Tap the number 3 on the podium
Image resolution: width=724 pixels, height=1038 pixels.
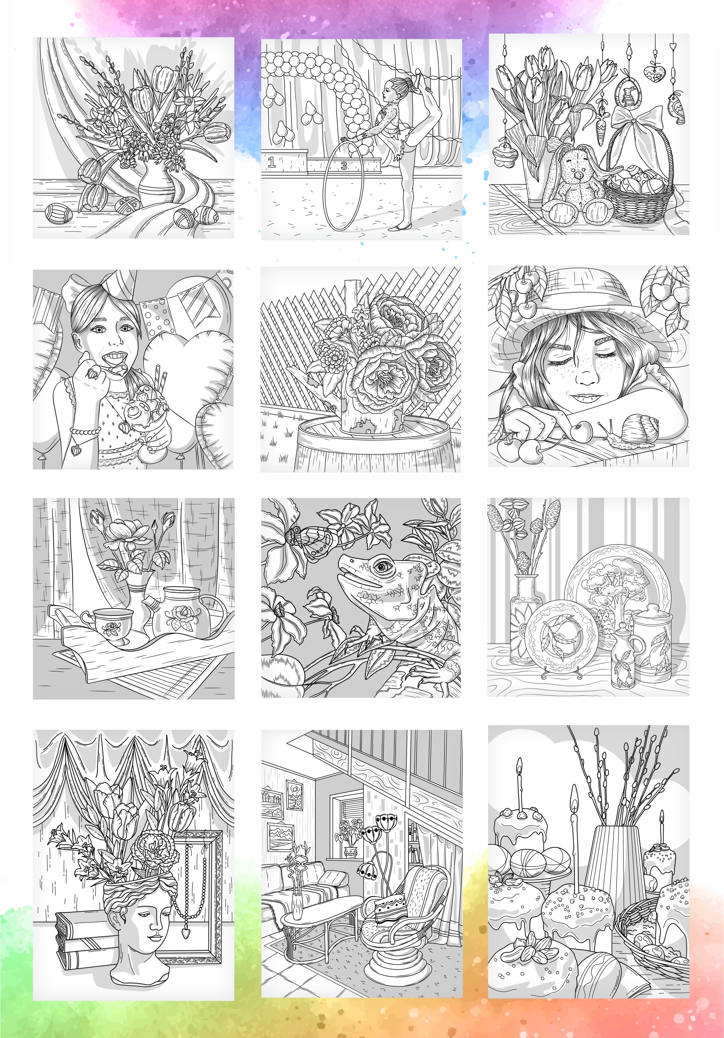[344, 166]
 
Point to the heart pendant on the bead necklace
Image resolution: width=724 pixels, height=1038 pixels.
[184, 932]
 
